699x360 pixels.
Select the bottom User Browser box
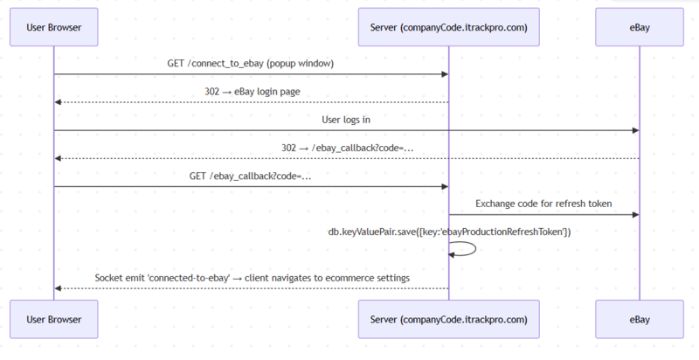53,319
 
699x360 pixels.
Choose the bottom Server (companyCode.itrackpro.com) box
448,319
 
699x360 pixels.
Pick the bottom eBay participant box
639,319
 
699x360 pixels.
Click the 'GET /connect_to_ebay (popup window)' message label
251,64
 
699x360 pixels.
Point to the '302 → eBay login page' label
251,92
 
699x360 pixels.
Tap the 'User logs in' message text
346,120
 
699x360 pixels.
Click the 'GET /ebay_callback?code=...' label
251,176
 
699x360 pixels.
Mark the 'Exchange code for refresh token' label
543,204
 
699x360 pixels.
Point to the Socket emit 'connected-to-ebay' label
251,278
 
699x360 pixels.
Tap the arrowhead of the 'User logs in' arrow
634,130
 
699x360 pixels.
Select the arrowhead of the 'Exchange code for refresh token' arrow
634,214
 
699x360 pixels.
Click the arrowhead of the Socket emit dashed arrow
59,288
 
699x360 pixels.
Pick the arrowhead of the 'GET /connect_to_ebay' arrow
444,74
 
